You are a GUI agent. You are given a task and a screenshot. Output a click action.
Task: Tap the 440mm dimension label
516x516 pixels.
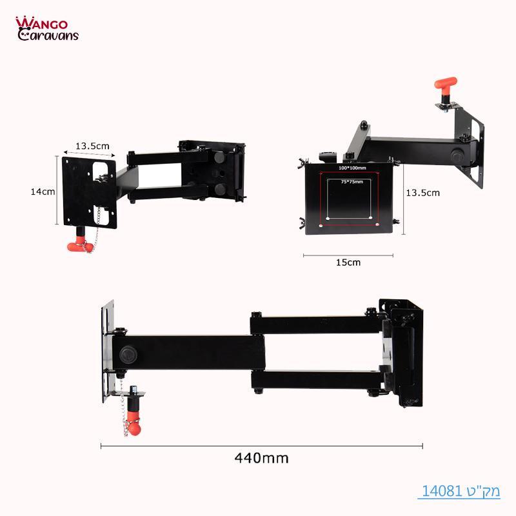pyautogui.click(x=261, y=459)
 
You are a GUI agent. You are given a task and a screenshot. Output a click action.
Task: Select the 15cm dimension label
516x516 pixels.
pyautogui.click(x=348, y=263)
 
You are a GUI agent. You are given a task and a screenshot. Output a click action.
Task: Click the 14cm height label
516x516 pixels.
pyautogui.click(x=43, y=192)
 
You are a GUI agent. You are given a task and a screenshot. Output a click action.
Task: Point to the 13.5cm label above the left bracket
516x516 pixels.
pyautogui.click(x=92, y=146)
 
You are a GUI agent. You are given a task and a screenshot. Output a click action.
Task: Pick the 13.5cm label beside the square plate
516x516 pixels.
pyautogui.click(x=422, y=192)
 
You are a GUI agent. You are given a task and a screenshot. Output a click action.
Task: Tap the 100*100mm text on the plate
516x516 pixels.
pyautogui.click(x=352, y=168)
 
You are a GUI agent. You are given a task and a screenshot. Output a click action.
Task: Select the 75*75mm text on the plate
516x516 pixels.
pyautogui.click(x=352, y=183)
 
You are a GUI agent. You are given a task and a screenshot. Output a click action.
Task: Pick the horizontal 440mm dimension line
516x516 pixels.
pyautogui.click(x=261, y=445)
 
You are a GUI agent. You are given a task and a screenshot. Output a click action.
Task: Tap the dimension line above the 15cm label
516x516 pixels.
pyautogui.click(x=348, y=255)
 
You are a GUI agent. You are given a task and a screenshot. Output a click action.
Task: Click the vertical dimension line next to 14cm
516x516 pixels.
pyautogui.click(x=57, y=192)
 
